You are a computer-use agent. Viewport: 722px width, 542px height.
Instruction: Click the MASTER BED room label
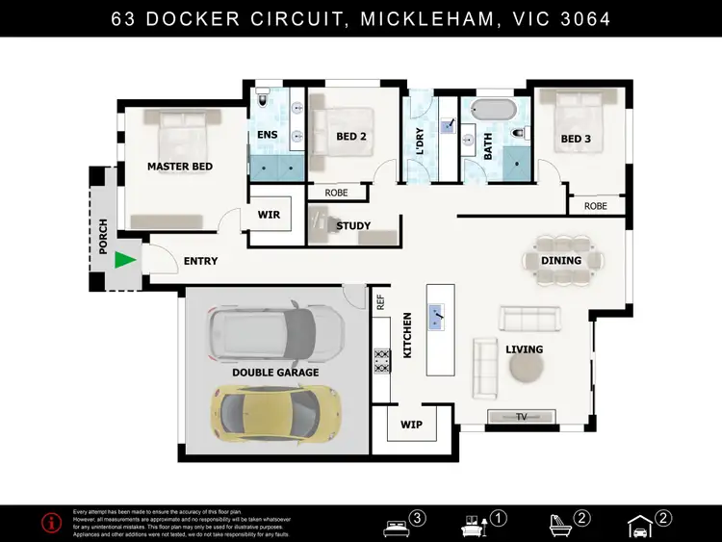(180, 167)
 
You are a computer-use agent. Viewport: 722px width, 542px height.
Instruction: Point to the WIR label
(270, 215)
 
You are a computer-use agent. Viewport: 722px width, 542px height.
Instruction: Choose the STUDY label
(353, 226)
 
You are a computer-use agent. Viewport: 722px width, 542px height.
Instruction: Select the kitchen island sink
(438, 315)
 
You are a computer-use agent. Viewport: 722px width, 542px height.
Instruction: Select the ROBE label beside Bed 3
(596, 206)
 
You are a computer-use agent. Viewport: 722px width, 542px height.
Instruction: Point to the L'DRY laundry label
(420, 142)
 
